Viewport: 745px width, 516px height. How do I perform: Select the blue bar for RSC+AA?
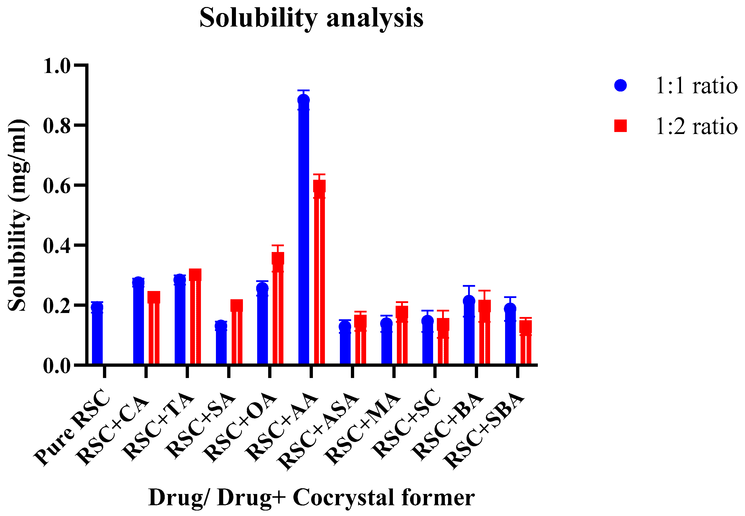(303, 233)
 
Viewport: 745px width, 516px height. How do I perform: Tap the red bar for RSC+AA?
(319, 275)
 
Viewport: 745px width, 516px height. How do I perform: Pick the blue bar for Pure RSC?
(97, 336)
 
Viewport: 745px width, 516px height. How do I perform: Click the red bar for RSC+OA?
(278, 310)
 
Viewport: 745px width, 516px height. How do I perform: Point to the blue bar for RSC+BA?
(469, 333)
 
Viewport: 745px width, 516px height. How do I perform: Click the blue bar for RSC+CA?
(138, 323)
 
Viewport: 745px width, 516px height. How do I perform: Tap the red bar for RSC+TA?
(195, 320)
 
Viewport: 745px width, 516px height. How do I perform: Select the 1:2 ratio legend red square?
(620, 126)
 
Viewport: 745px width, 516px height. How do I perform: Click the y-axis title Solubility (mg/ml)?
(18, 215)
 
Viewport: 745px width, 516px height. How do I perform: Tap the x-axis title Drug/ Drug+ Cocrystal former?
(311, 497)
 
